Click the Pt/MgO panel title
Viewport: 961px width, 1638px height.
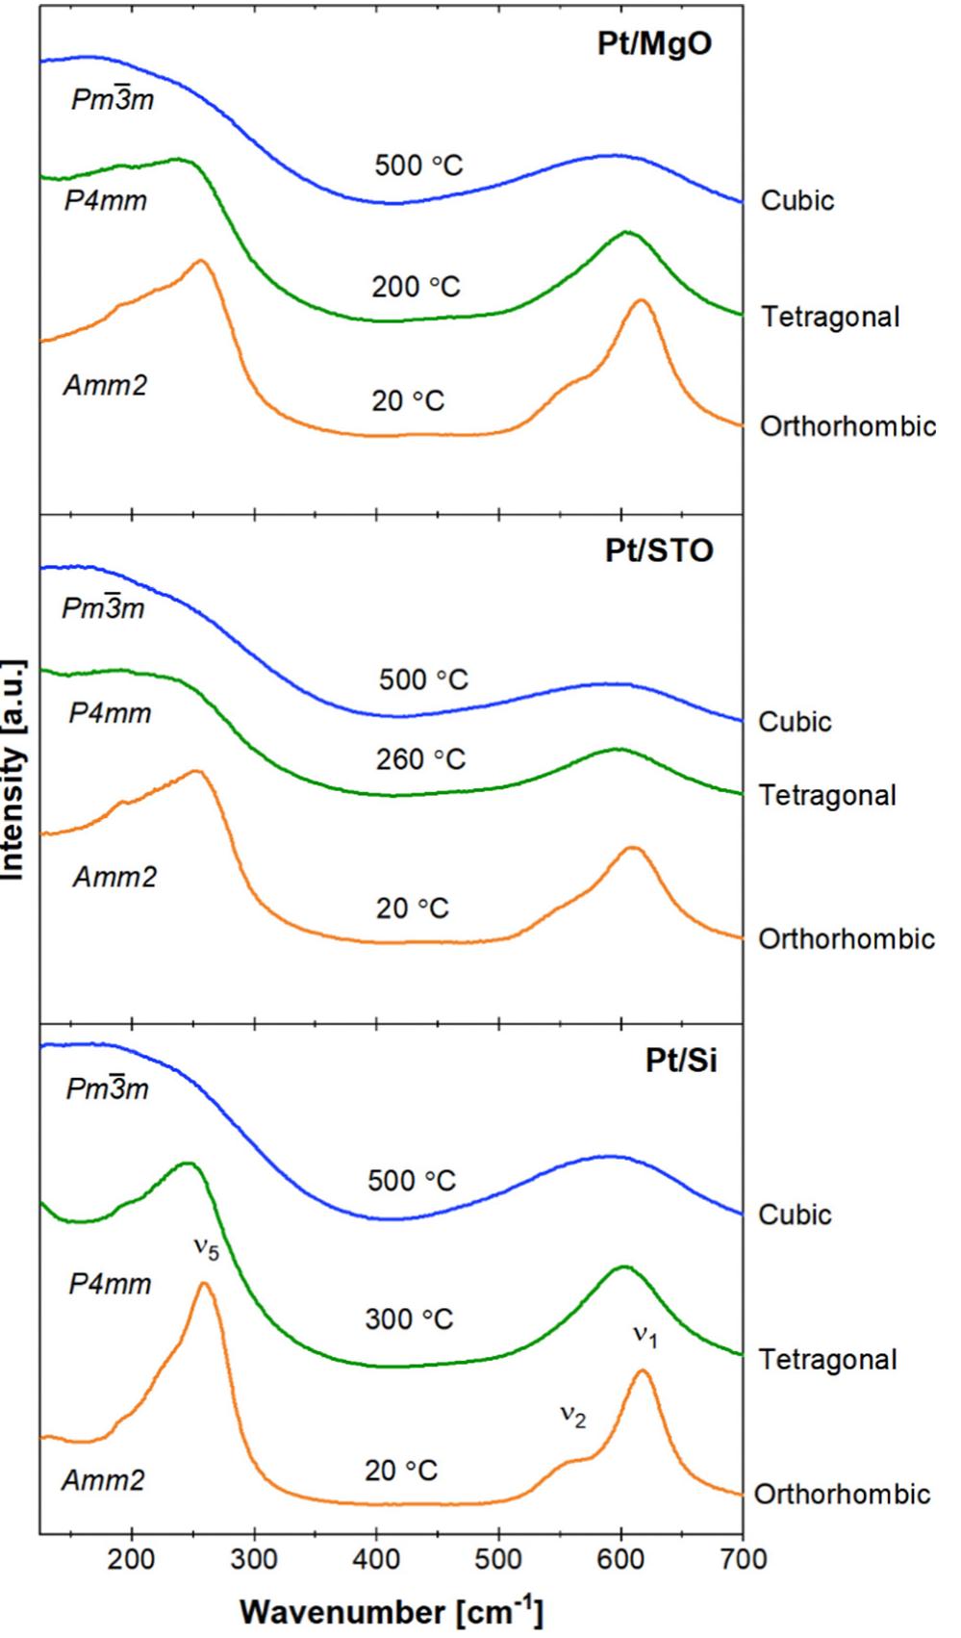pyautogui.click(x=654, y=45)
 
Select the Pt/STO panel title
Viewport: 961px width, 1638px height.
pyautogui.click(x=659, y=550)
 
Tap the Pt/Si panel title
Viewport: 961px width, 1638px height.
pyautogui.click(x=680, y=1062)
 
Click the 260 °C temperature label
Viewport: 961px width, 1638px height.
pyautogui.click(x=420, y=759)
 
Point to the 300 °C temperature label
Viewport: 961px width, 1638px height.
pyautogui.click(x=409, y=1318)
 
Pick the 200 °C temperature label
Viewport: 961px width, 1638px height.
pyautogui.click(x=417, y=287)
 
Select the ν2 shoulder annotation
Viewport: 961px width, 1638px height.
pyautogui.click(x=572, y=1417)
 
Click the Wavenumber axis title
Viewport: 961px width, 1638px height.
pyautogui.click(x=392, y=1610)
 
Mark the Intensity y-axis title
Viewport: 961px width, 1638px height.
pyautogui.click(x=13, y=770)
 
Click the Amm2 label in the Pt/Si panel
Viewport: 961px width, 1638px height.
pyautogui.click(x=103, y=1480)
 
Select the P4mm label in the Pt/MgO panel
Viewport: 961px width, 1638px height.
pyautogui.click(x=106, y=202)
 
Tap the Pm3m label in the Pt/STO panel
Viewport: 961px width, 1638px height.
pyautogui.click(x=103, y=608)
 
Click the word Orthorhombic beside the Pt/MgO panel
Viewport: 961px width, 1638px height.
pyautogui.click(x=847, y=426)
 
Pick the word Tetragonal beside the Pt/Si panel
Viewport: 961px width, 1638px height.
pyautogui.click(x=827, y=1360)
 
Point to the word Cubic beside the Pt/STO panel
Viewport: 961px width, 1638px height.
pyautogui.click(x=795, y=722)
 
